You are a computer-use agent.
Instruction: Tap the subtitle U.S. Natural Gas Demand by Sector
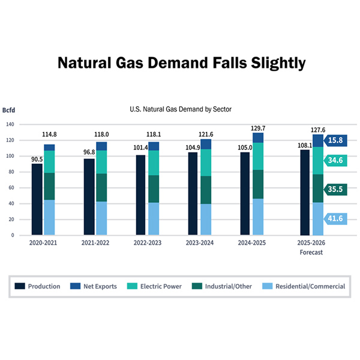coord(181,109)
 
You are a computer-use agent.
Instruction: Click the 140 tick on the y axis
coord(10,125)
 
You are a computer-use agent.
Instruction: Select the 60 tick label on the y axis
coord(11,188)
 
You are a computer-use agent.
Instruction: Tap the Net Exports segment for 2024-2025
coord(258,137)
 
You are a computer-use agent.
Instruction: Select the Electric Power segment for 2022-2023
coord(154,163)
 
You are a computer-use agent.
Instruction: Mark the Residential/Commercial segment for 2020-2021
coord(49,217)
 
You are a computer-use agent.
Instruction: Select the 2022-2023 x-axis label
coord(147,244)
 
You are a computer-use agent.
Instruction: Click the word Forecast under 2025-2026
coord(311,252)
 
